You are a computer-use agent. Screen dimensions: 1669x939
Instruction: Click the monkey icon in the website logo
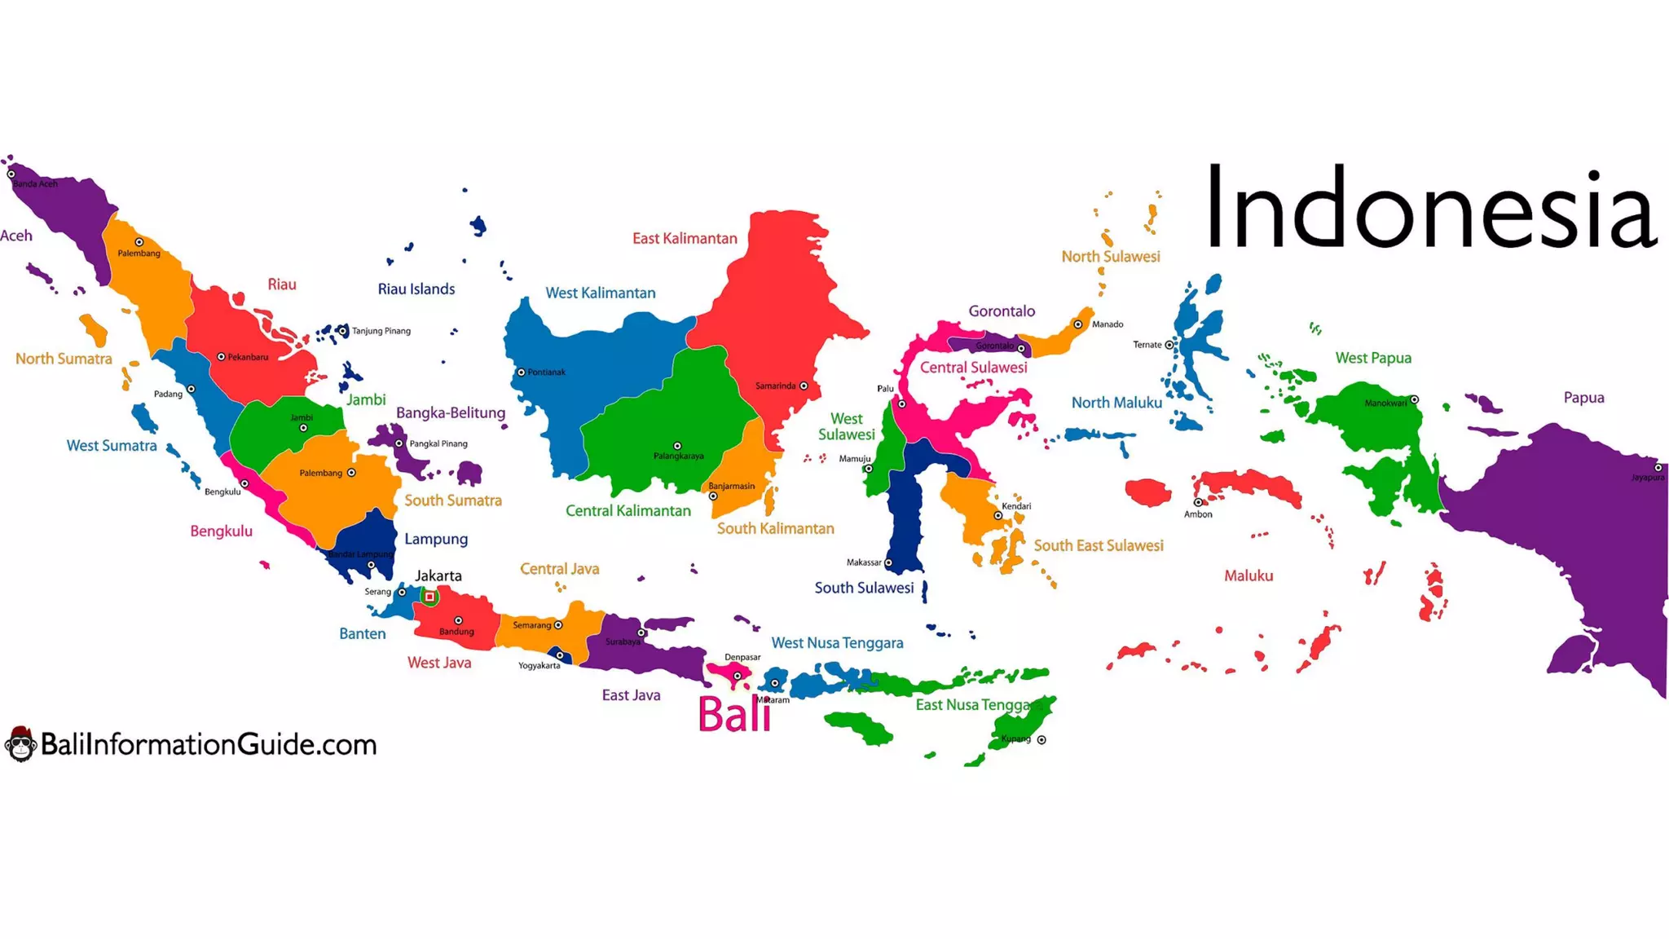pos(20,743)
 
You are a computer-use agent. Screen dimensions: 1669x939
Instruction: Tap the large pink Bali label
pos(733,715)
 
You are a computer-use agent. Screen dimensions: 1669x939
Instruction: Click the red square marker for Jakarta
pos(429,597)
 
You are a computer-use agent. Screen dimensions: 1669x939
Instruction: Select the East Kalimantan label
pos(685,238)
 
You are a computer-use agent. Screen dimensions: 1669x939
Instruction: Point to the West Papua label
pos(1373,358)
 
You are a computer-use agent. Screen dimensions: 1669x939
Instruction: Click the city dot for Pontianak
pos(522,373)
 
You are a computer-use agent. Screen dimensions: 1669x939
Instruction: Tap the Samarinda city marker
pos(804,386)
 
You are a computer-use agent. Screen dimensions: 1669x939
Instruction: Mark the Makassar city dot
pos(888,562)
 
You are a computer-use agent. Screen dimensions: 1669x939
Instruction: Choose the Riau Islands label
pos(416,289)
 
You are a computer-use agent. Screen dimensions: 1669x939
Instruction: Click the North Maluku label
pos(1116,403)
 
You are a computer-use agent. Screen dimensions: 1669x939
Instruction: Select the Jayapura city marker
pos(1658,468)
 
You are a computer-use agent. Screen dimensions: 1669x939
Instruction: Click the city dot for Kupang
pos(1041,740)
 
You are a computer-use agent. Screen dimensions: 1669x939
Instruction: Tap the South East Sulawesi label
pos(1099,545)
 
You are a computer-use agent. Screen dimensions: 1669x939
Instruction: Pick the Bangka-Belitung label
pos(451,412)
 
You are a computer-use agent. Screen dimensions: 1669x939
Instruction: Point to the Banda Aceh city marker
pos(11,174)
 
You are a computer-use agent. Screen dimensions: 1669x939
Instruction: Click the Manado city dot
pos(1077,324)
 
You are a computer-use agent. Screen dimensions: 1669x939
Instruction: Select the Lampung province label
pos(436,539)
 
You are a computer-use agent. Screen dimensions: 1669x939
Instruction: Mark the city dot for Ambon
pos(1198,502)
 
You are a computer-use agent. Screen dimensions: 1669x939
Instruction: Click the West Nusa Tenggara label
pos(837,643)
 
